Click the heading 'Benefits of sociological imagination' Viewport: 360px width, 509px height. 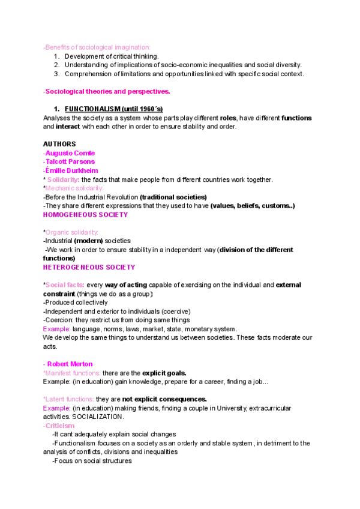click(97, 47)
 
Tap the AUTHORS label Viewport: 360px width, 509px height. click(59, 144)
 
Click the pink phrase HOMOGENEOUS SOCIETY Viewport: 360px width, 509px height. click(85, 214)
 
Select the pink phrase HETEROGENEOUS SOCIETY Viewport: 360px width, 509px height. click(89, 267)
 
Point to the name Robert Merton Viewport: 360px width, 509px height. click(70, 364)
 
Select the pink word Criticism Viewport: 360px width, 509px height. click(60, 426)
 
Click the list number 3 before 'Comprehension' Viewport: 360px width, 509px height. click(56, 74)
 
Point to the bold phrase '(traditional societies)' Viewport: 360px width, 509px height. click(173, 197)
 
